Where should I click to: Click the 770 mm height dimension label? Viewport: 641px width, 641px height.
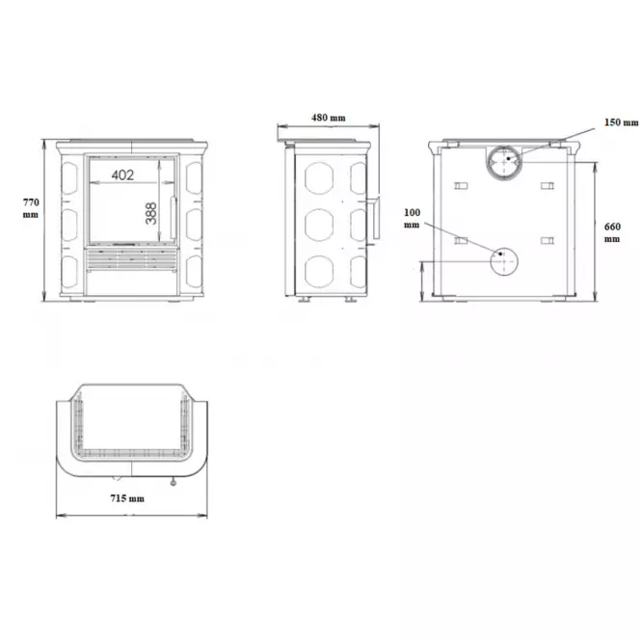[x=31, y=208]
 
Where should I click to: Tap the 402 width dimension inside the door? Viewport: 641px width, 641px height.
[x=122, y=175]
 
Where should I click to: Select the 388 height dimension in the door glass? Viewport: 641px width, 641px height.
[x=150, y=213]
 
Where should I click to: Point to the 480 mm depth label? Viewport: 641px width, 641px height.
[x=329, y=118]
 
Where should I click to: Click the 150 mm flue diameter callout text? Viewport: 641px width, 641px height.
[x=622, y=122]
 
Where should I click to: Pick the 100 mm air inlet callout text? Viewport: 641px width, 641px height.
[x=413, y=218]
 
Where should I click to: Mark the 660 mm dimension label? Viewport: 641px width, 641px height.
[x=612, y=232]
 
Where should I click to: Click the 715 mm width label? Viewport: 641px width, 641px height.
[x=127, y=498]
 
